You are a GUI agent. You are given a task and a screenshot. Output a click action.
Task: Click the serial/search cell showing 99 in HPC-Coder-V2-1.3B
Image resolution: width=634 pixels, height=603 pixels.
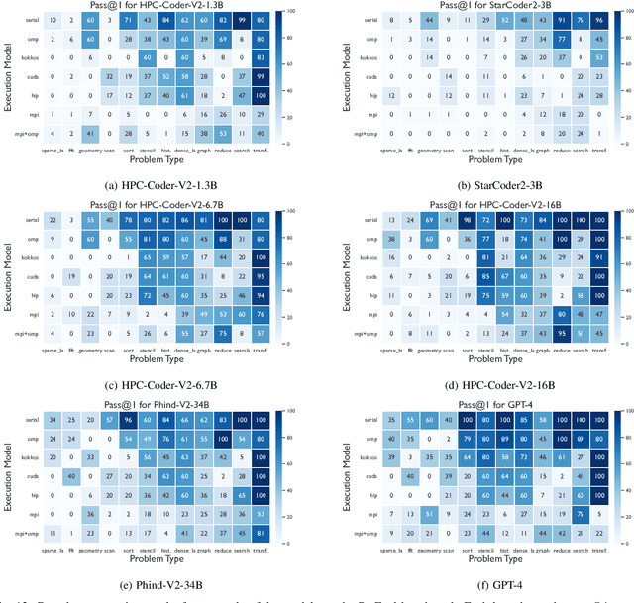(238, 19)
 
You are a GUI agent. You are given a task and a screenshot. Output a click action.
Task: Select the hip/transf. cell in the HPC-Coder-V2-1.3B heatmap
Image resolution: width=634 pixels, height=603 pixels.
(261, 95)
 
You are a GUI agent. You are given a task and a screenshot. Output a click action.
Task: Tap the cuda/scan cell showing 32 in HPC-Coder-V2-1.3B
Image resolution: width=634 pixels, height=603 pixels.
(108, 76)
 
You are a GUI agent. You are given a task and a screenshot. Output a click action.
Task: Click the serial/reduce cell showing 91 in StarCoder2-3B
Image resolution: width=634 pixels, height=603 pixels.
(563, 19)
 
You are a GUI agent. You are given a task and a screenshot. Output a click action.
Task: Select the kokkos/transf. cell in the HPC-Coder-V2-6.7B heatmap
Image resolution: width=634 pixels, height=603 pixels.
(261, 256)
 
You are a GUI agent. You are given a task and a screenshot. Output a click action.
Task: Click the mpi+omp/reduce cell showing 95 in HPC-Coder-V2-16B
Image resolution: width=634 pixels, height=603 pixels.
(563, 333)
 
